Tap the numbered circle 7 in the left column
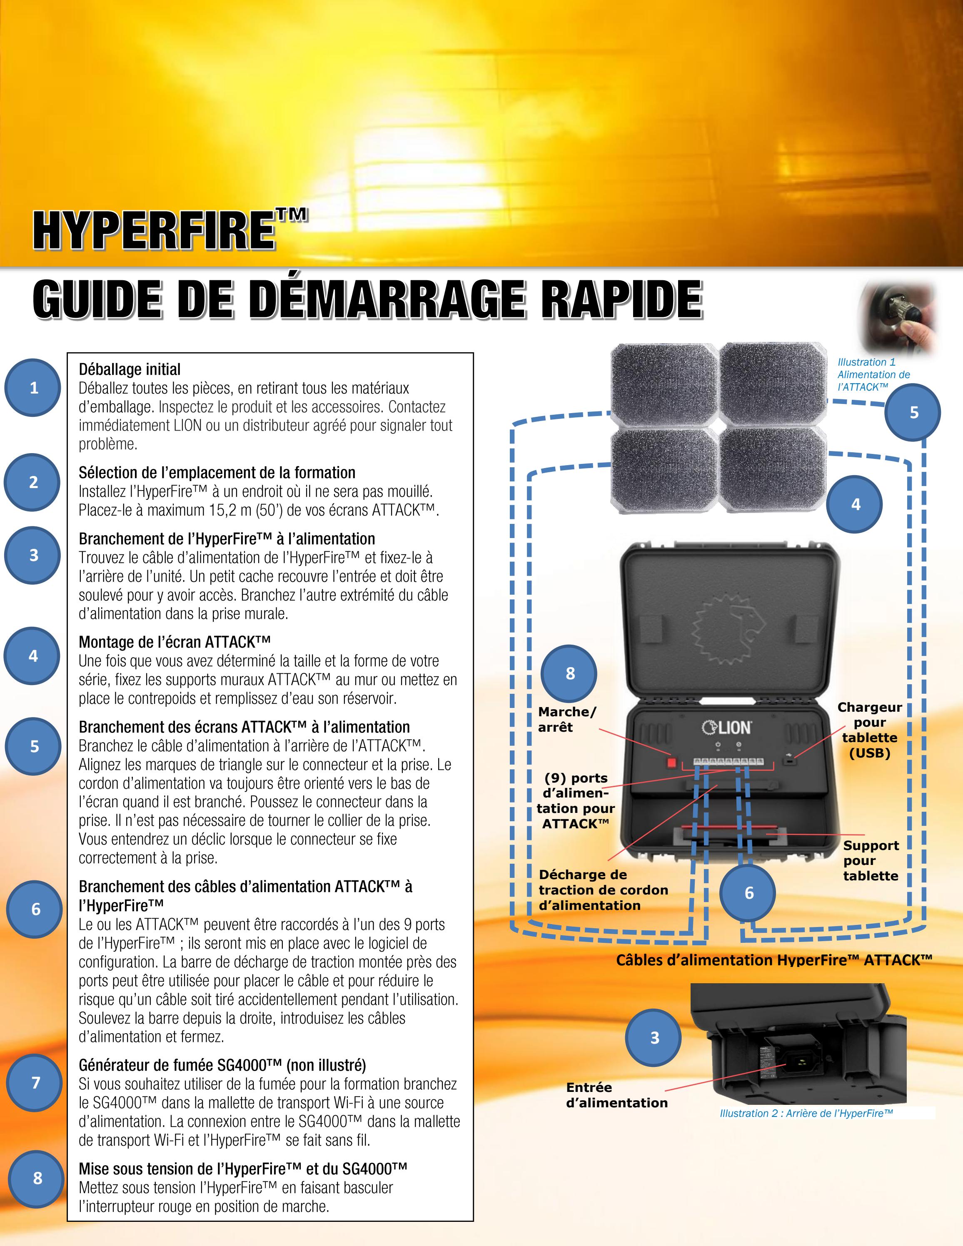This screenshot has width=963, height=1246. click(35, 1082)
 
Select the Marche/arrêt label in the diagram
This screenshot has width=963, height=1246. click(566, 720)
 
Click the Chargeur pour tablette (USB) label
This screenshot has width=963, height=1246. click(869, 730)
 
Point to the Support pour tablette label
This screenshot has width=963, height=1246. click(871, 860)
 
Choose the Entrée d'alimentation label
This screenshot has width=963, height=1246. click(616, 1095)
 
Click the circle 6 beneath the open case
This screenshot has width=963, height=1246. click(748, 893)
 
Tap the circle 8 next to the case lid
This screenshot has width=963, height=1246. click(569, 673)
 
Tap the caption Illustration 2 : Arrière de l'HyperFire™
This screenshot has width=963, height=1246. click(806, 1113)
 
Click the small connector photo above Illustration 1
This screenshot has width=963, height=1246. click(898, 317)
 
